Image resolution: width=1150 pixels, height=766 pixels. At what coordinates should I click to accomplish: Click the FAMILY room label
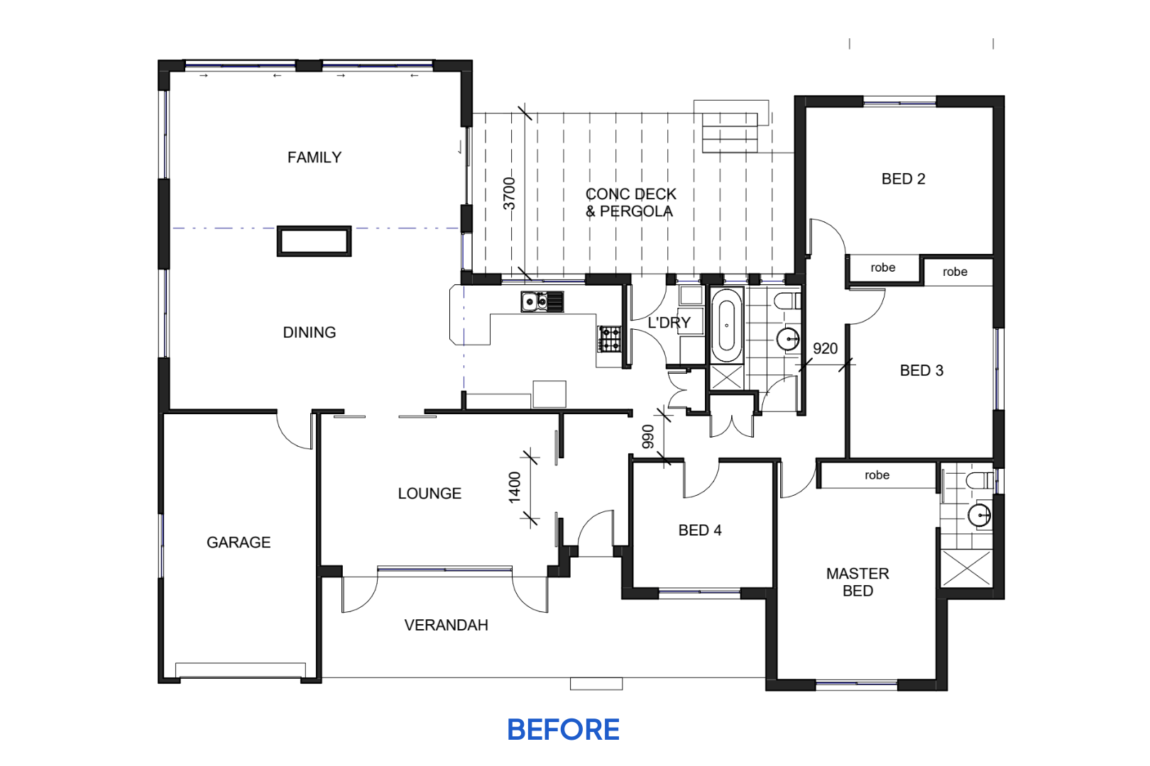314,157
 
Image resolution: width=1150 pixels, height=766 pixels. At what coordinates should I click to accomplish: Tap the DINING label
309,333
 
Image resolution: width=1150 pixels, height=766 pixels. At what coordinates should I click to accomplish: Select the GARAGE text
239,543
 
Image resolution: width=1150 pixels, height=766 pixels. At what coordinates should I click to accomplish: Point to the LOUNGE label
429,494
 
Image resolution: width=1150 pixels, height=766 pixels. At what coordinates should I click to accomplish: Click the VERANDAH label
446,625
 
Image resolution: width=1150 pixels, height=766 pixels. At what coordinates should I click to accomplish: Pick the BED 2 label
903,179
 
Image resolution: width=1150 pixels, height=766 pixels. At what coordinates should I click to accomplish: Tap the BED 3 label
921,370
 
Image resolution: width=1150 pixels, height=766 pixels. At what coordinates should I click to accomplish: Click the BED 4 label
700,530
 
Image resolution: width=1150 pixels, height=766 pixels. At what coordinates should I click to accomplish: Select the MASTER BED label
858,582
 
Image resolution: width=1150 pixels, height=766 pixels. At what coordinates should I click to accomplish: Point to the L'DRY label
669,323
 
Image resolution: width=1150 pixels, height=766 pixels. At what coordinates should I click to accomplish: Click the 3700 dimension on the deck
509,194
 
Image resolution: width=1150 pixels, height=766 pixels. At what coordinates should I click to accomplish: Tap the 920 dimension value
825,349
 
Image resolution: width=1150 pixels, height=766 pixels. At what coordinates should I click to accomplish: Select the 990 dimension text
648,437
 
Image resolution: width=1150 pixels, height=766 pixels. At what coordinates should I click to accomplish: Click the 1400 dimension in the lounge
515,487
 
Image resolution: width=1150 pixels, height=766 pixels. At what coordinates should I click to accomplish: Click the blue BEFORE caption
563,730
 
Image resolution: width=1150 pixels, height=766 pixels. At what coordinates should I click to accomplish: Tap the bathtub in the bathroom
726,326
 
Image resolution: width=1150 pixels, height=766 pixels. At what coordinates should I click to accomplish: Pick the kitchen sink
542,301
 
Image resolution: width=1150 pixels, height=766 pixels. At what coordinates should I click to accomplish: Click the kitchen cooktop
609,339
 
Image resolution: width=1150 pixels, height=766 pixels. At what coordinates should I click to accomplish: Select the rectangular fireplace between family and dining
314,241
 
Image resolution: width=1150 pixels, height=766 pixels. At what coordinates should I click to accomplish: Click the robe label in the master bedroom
877,475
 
